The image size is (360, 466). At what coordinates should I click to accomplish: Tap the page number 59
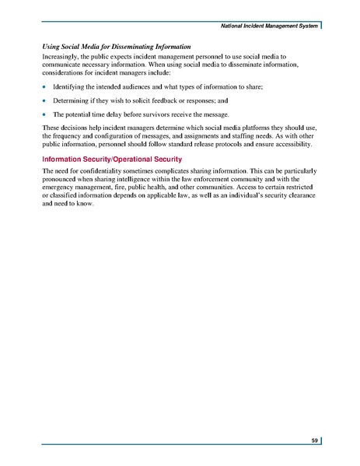314,440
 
